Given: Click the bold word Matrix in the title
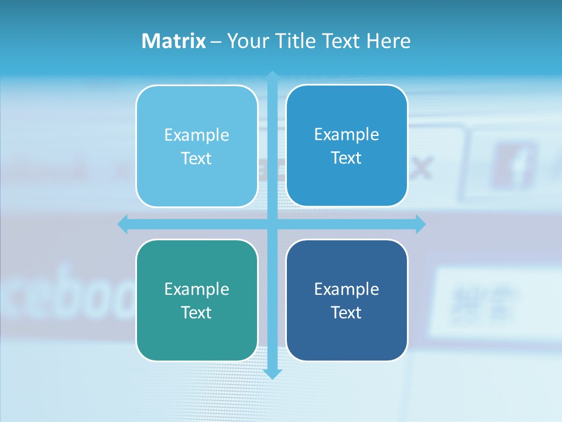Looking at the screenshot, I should click(174, 41).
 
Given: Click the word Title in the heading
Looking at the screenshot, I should click(296, 41).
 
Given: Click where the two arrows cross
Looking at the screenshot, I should click(272, 224).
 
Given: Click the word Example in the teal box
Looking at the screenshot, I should click(197, 289).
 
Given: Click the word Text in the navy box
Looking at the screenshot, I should click(347, 312).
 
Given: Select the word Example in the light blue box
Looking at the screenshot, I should click(197, 135).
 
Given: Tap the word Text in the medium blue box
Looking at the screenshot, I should click(347, 158).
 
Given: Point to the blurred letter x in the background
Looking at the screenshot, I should click(421, 168).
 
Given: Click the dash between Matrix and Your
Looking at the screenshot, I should click(216, 42).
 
